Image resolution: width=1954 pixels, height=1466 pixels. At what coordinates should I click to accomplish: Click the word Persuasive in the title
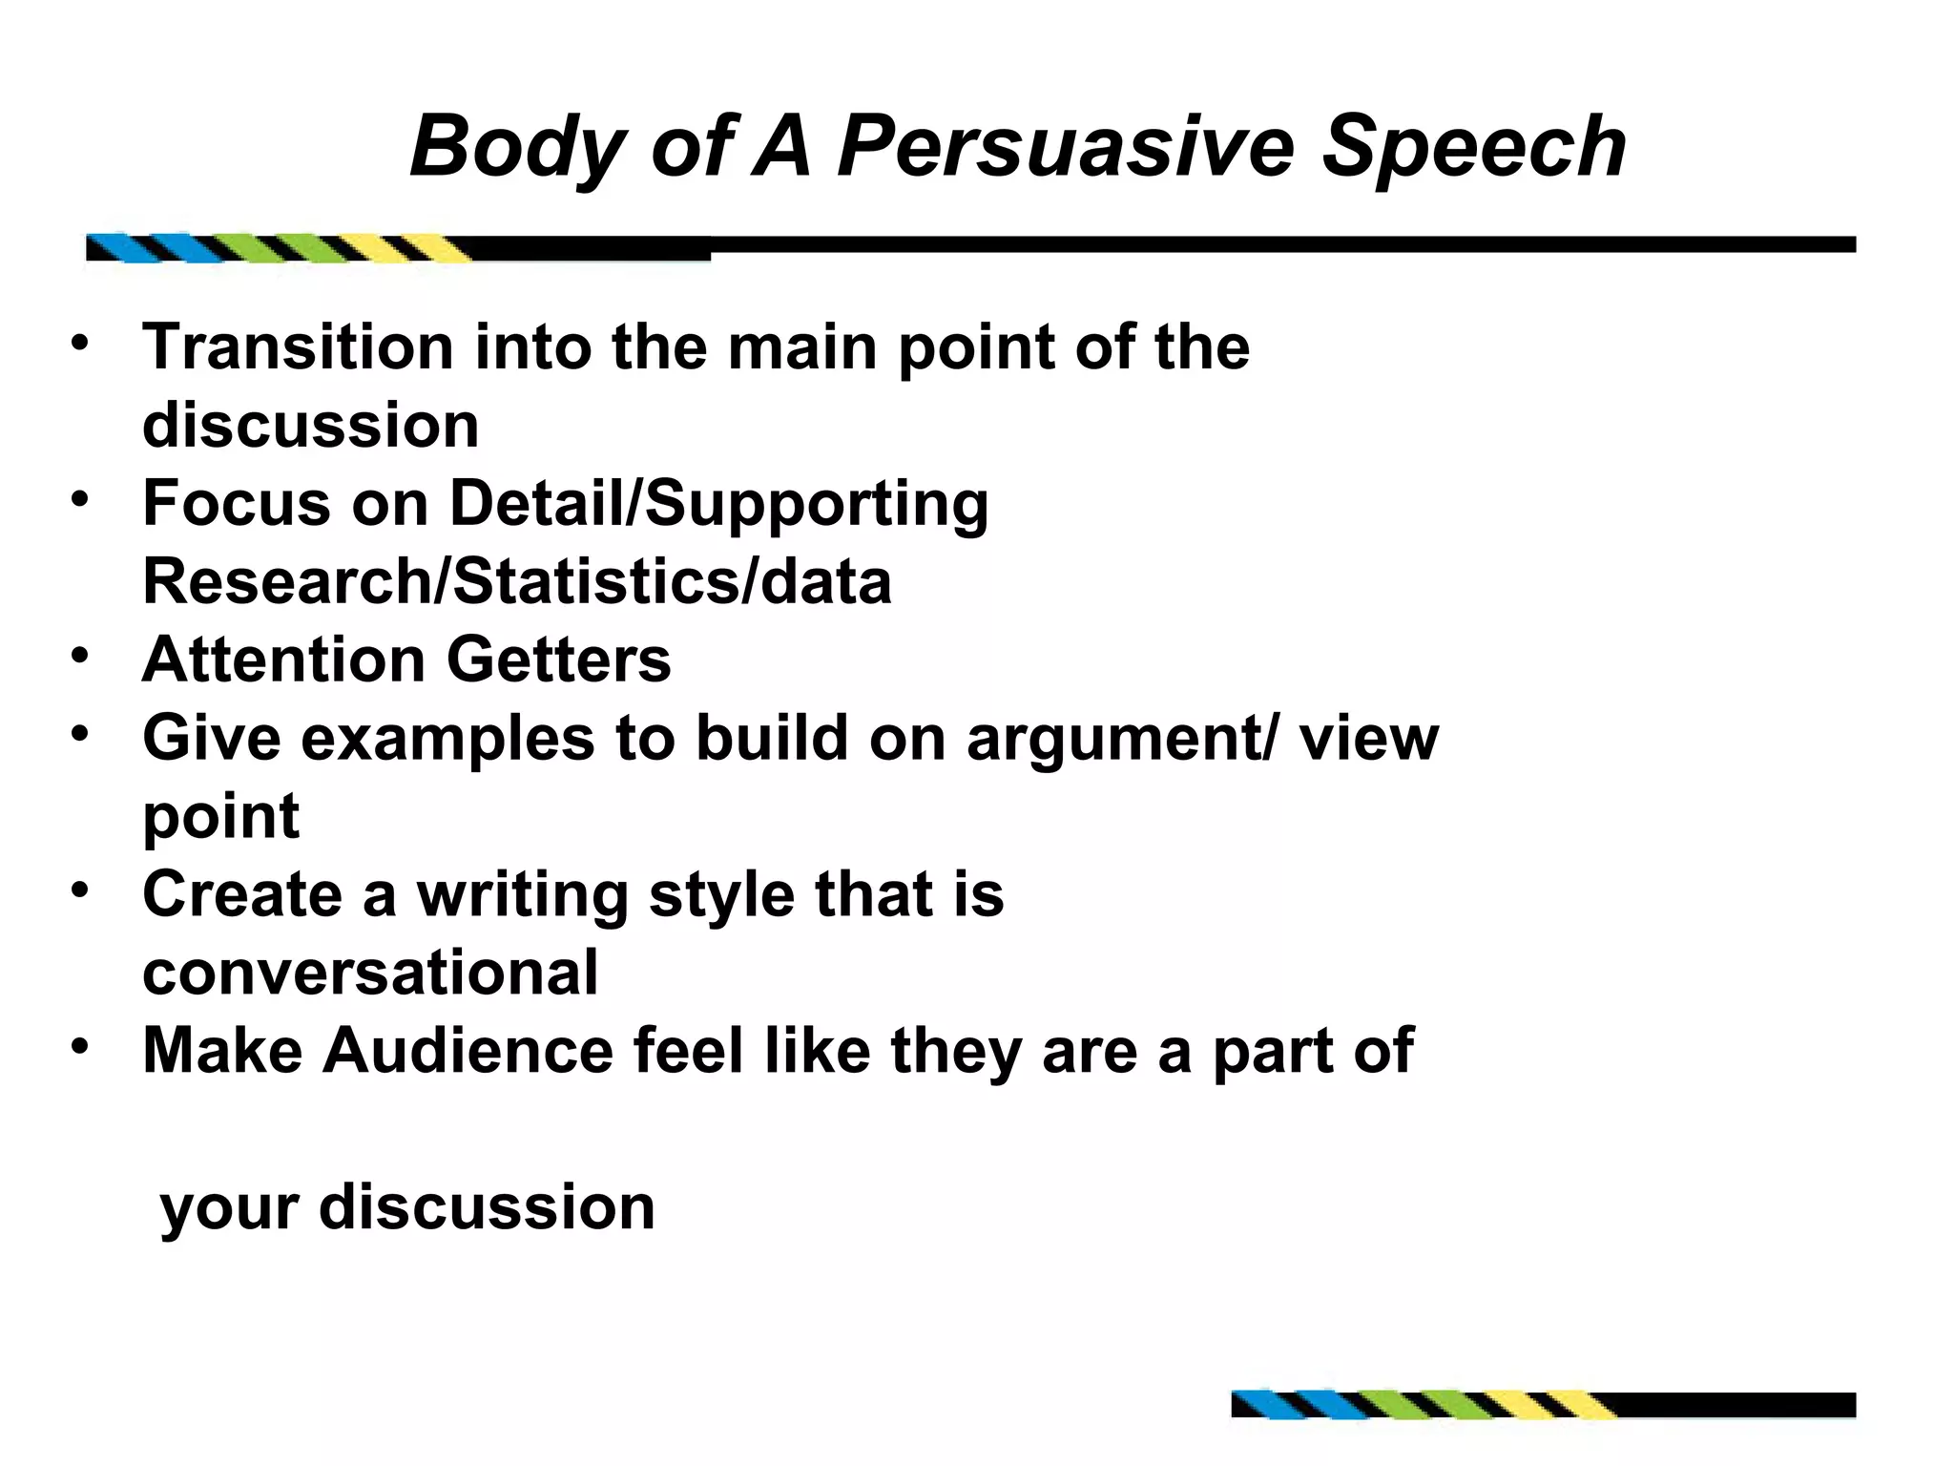tap(1065, 147)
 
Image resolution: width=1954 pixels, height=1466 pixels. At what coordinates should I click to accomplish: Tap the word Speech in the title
tap(1473, 147)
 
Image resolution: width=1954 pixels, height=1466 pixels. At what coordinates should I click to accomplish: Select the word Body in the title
tap(516, 147)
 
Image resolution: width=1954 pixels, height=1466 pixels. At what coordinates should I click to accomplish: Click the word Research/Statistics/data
tap(516, 581)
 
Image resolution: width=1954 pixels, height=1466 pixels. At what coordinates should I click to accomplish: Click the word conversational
tap(370, 973)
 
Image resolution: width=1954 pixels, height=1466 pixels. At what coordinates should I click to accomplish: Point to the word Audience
tap(468, 1051)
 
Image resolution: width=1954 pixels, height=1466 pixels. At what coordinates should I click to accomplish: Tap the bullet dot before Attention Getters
tap(79, 655)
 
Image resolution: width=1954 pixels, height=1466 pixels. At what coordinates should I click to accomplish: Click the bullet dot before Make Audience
tap(79, 1046)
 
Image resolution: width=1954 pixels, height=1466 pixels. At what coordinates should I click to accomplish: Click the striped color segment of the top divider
tap(277, 247)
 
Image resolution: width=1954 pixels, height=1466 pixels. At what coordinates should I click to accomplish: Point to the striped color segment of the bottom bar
tap(1422, 1405)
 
